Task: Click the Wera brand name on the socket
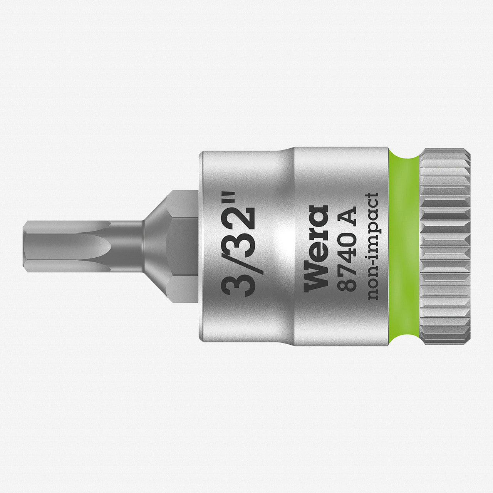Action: pyautogui.click(x=316, y=248)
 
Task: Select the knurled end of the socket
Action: pyautogui.click(x=445, y=246)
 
